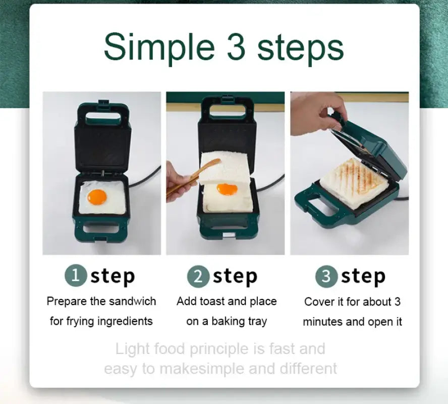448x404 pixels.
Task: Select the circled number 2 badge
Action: click(x=198, y=276)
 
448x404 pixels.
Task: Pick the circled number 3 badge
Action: click(x=326, y=276)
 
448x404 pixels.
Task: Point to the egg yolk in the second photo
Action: click(x=227, y=189)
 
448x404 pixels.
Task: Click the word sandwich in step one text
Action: click(x=132, y=301)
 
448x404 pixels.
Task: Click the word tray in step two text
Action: click(x=257, y=322)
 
